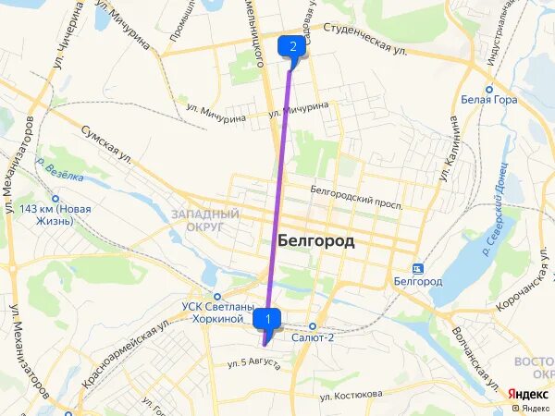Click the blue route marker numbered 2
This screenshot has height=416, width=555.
pos(292,46)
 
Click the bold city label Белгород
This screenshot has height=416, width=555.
pos(315,240)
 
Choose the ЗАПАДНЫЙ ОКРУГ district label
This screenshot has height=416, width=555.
pos(205,220)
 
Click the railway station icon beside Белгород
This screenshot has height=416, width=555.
pos(418,269)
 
